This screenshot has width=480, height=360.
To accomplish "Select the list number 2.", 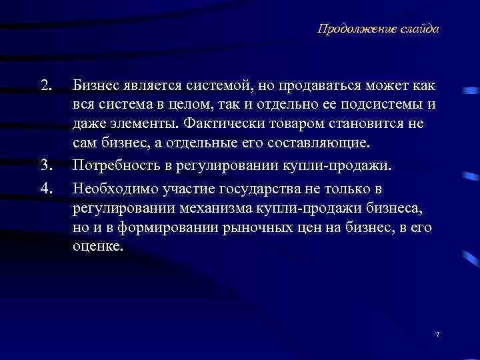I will pyautogui.click(x=45, y=86).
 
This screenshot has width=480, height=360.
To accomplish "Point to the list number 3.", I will pyautogui.click(x=45, y=164).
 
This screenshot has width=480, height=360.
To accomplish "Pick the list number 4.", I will pyautogui.click(x=45, y=189).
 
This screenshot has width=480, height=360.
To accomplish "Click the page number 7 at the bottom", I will pyautogui.click(x=437, y=333).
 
